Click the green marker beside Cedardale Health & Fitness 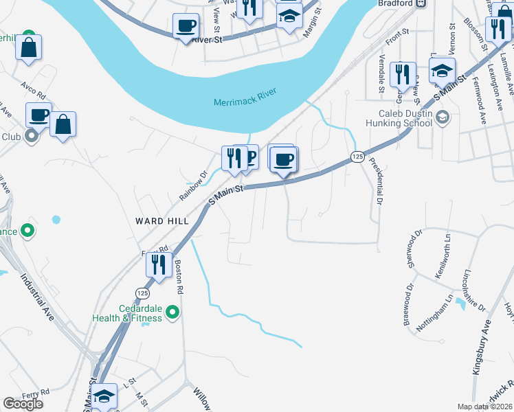point(172,314)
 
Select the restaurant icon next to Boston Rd point(159,264)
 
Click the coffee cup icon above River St point(186,26)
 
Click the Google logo point(23,404)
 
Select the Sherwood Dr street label point(412,251)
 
